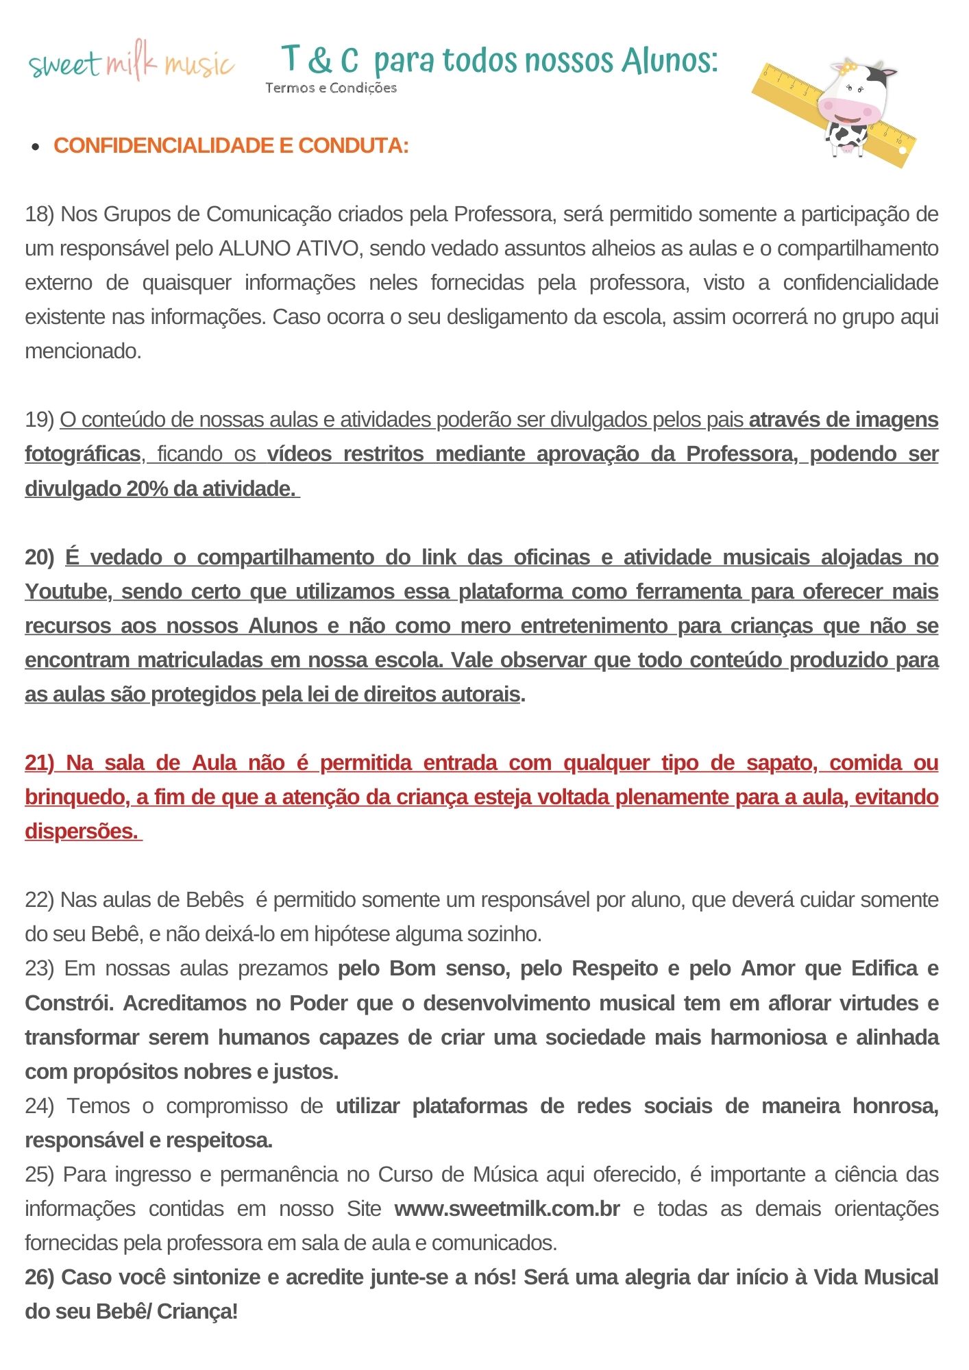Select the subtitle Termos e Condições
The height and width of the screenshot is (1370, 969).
[x=331, y=88]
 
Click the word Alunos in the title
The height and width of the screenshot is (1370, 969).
[x=669, y=60]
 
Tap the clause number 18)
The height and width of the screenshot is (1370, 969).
[x=39, y=214]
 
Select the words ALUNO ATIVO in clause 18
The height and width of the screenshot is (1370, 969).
[x=290, y=249]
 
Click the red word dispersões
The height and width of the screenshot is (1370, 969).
[x=81, y=832]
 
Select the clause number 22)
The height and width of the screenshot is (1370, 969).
[x=39, y=900]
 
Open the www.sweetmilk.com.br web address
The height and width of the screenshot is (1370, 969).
[x=507, y=1208]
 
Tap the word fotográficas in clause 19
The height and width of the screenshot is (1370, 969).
[x=83, y=454]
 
